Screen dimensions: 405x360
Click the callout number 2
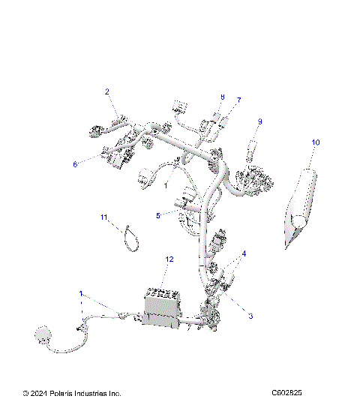(x=107, y=91)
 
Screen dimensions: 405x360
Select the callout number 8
(x=222, y=97)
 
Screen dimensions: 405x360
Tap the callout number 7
(x=239, y=100)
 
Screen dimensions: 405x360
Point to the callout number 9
(x=260, y=121)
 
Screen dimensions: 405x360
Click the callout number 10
(x=316, y=142)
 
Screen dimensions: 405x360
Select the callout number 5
(x=158, y=215)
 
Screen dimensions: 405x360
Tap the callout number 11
(x=105, y=217)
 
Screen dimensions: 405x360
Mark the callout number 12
(x=169, y=259)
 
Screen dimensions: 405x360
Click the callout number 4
(x=243, y=253)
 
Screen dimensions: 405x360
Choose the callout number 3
(x=250, y=316)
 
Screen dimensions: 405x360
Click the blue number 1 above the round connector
(x=81, y=293)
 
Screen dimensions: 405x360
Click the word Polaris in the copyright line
(x=70, y=393)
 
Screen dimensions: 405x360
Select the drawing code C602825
(x=292, y=393)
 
